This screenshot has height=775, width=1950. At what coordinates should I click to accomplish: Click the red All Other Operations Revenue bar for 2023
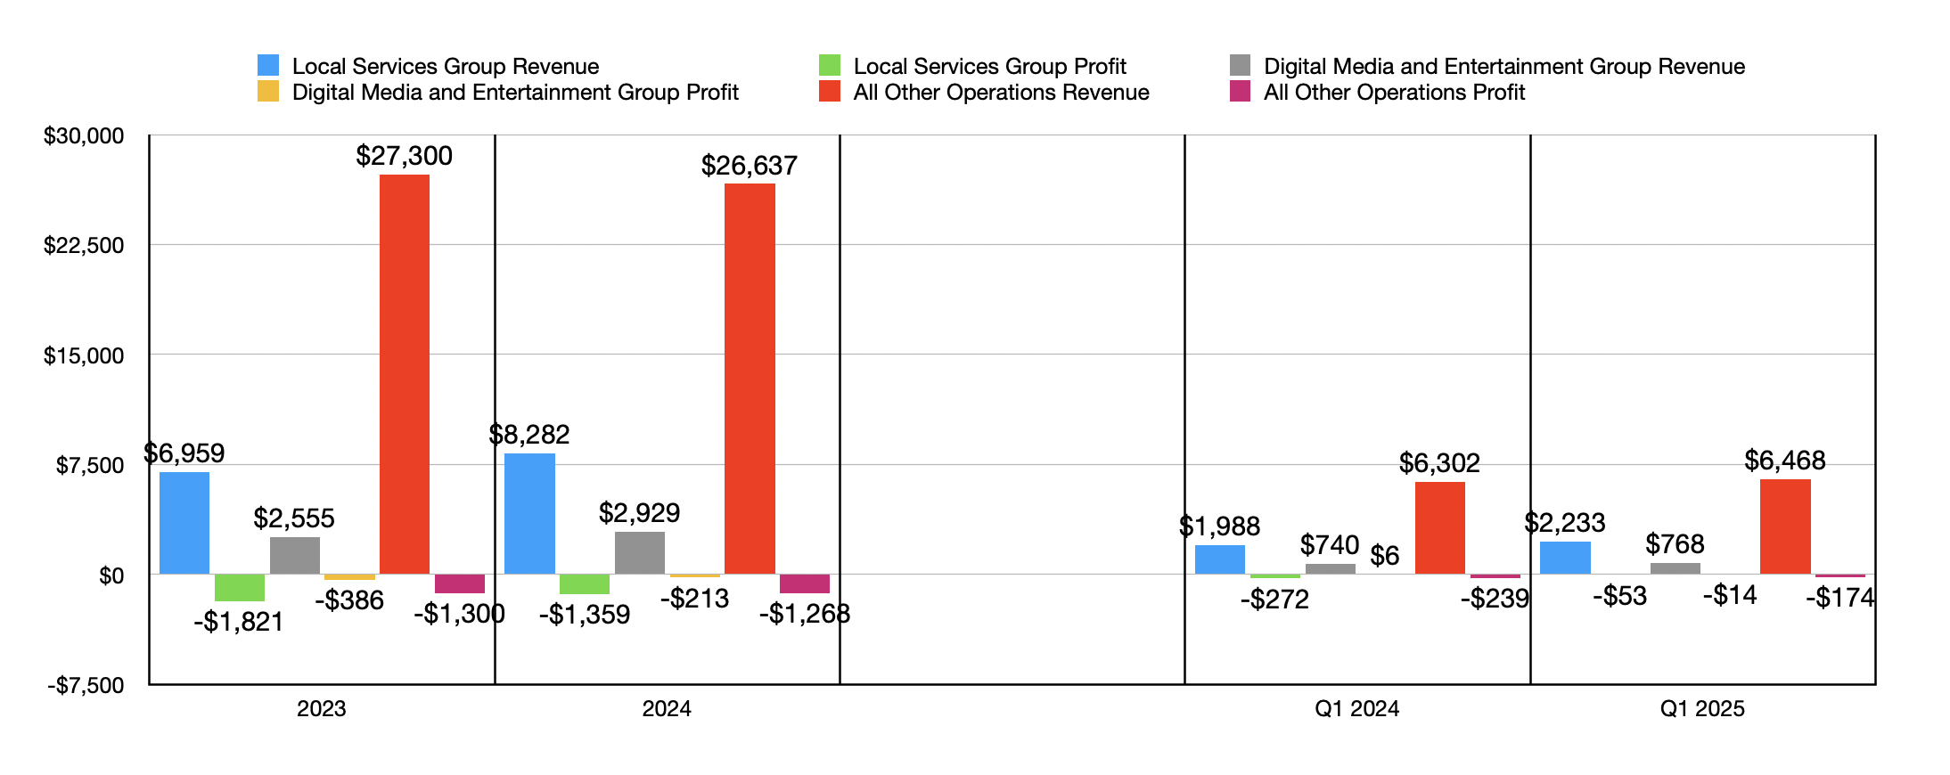click(x=404, y=374)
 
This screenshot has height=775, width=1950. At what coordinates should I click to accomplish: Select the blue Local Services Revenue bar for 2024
click(x=529, y=514)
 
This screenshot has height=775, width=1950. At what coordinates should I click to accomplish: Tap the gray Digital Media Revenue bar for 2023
click(x=294, y=556)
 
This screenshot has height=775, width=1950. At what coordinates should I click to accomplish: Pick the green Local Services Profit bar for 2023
click(x=239, y=588)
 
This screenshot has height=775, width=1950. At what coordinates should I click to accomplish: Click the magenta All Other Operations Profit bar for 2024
click(x=804, y=584)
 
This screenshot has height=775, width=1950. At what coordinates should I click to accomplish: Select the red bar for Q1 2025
click(x=1785, y=526)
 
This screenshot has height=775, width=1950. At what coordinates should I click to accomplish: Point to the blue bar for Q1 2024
click(x=1219, y=559)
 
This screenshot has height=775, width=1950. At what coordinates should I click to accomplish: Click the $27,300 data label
click(x=404, y=156)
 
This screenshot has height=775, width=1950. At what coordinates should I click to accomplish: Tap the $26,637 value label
click(x=749, y=166)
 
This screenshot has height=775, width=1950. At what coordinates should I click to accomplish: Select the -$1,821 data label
click(x=238, y=622)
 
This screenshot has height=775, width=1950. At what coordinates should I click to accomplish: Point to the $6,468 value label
click(x=1784, y=461)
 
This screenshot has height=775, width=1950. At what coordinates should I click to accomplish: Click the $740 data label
click(x=1329, y=545)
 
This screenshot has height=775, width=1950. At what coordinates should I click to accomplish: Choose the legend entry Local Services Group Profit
click(x=989, y=67)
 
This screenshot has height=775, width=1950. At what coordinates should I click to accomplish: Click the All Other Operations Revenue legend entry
click(x=1001, y=93)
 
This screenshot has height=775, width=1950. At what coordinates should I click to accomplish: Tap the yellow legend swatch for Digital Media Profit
click(x=268, y=92)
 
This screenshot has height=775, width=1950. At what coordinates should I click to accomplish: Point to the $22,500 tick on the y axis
click(x=84, y=246)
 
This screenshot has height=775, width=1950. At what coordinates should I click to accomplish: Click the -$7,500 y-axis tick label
click(x=86, y=685)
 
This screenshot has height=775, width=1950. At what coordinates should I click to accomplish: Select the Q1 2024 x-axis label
click(x=1356, y=709)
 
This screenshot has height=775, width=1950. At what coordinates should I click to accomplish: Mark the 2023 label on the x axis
click(x=321, y=709)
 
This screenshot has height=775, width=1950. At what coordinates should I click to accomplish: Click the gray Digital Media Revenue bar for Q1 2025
click(x=1675, y=568)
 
